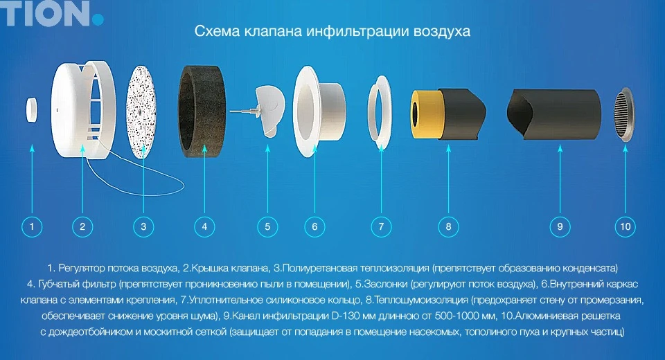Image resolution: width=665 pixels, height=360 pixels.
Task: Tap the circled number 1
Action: coord(32,226)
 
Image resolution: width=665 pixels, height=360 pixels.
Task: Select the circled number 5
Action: coord(267,226)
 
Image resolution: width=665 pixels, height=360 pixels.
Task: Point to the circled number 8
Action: coord(448,226)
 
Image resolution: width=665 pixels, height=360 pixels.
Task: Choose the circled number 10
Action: coord(625,226)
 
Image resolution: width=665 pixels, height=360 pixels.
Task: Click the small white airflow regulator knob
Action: coord(31,109)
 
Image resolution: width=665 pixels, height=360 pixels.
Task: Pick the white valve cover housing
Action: coord(82,109)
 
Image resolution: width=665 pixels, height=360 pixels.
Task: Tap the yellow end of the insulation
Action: coord(424,114)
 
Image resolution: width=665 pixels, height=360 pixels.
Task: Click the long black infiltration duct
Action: coord(553,114)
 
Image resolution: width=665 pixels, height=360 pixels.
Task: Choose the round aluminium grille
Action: coord(624,114)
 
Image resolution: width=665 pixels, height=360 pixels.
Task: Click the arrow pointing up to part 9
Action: coord(560,179)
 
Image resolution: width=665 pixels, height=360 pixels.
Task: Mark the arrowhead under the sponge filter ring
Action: coord(204,147)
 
